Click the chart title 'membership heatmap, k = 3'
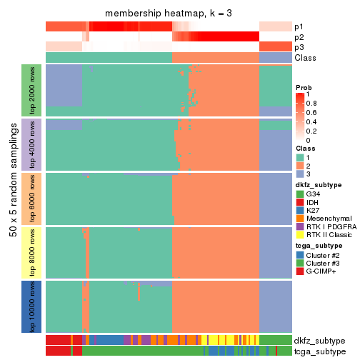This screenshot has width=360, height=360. (169, 14)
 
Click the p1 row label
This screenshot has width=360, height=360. (299, 26)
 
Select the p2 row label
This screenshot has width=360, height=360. (299, 36)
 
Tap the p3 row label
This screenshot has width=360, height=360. (299, 47)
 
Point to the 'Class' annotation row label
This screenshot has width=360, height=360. (304, 57)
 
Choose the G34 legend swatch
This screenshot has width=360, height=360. (300, 194)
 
